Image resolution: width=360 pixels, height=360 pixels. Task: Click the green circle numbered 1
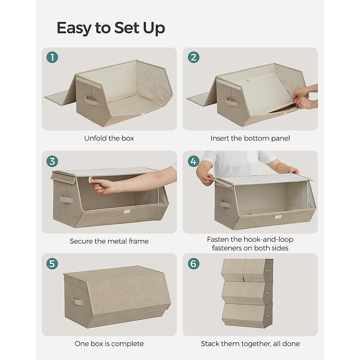pos(52,57)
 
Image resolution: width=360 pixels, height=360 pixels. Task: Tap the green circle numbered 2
pos(193,57)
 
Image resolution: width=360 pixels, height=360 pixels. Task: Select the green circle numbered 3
pos(52,161)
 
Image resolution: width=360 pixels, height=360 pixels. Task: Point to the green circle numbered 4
pos(193,161)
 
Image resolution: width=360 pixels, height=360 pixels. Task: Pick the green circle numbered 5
pos(52,264)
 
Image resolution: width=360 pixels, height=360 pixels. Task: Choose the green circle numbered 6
pos(193,264)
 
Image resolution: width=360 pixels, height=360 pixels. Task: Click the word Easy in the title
pos(74,28)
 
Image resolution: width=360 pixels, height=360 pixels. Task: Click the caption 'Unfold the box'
pos(109,138)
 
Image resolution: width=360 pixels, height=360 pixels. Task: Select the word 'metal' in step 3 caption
pos(118,241)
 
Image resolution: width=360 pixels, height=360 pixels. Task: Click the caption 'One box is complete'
pos(109,344)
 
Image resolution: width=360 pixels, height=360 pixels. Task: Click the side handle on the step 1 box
pos(91,101)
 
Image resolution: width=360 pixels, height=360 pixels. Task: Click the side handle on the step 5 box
pos(76,301)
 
